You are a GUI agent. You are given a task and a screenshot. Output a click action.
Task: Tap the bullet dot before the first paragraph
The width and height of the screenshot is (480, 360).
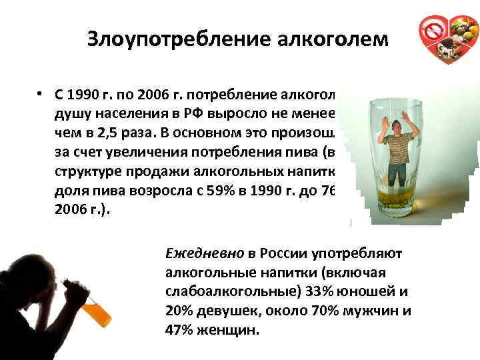point(41,93)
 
